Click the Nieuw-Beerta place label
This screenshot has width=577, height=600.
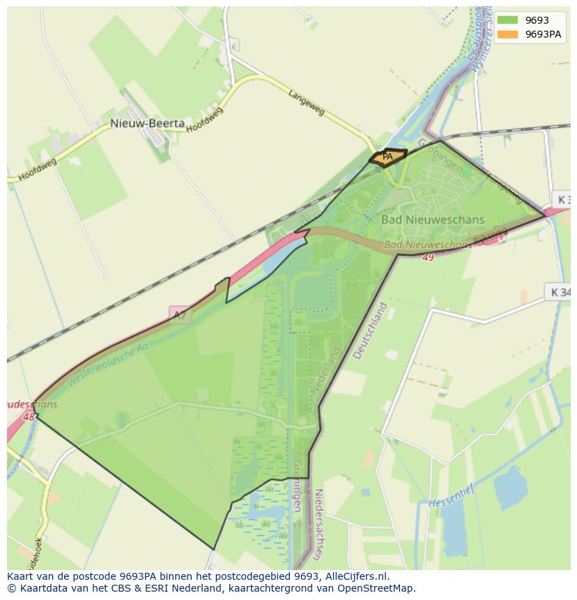[147, 123]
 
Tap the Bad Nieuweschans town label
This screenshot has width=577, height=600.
[432, 220]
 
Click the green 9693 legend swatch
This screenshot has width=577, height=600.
[507, 20]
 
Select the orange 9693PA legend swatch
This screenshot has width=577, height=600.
[507, 34]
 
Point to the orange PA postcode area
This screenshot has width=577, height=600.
[388, 157]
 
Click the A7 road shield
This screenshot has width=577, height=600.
[180, 315]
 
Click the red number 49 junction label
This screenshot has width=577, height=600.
[427, 257]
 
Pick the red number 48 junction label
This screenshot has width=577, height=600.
[29, 417]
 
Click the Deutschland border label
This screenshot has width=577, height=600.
[369, 330]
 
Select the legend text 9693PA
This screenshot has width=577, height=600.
[543, 34]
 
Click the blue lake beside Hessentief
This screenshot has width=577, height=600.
[511, 488]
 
